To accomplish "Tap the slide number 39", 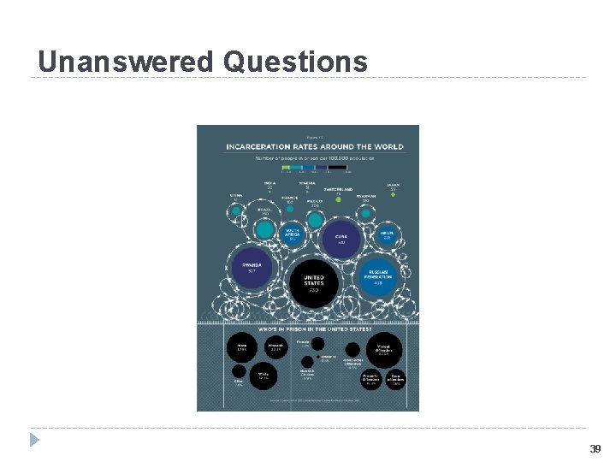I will click(595, 448).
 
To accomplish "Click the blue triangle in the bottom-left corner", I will click(34, 440).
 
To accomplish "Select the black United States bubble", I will click(314, 282).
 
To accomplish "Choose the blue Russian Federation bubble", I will click(377, 276).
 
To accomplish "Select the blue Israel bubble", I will click(387, 235).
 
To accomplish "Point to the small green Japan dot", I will click(393, 195).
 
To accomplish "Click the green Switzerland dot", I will click(339, 199).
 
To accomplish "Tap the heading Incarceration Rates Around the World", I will click(314, 146).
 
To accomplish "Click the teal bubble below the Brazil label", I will click(266, 228).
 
